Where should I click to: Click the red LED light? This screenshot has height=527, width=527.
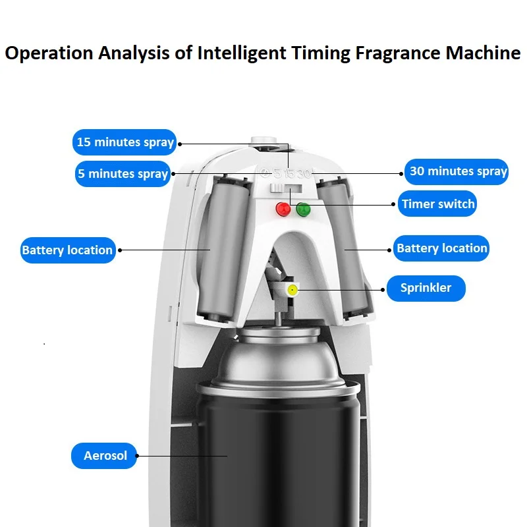[x=283, y=209]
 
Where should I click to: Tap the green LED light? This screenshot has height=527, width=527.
[x=303, y=209]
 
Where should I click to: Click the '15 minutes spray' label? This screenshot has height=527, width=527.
[x=125, y=142]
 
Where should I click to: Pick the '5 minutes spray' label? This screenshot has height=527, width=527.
[x=123, y=174]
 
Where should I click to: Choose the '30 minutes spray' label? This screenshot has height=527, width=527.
[x=458, y=171]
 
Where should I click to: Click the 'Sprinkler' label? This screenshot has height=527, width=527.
[x=426, y=288]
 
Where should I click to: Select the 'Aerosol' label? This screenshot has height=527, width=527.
[x=105, y=456]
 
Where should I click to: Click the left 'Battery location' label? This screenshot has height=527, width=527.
[x=67, y=250]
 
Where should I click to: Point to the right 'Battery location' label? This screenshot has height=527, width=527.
[x=441, y=248]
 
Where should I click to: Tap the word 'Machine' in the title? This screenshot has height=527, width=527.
[x=483, y=53]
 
